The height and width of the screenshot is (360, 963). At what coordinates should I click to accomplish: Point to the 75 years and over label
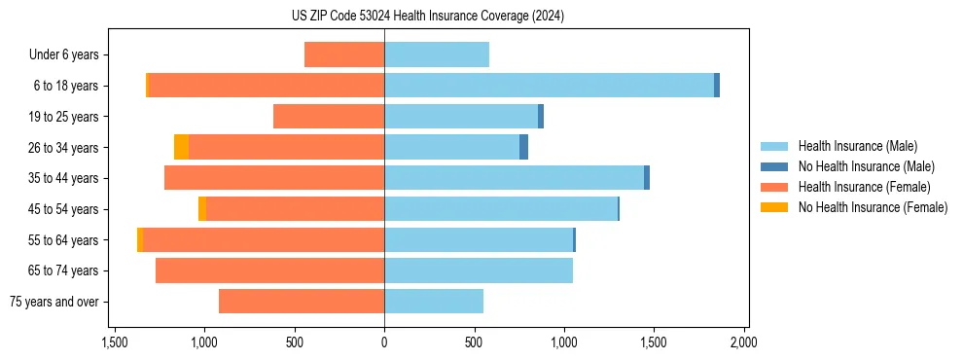click(x=54, y=302)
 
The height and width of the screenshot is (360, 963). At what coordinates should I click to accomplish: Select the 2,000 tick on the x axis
click(x=744, y=342)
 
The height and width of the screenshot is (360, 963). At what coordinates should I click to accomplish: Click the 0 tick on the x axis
click(x=384, y=342)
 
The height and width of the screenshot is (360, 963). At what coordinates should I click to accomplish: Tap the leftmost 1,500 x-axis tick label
click(x=115, y=342)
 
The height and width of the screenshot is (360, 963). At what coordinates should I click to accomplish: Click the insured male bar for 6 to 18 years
click(x=549, y=86)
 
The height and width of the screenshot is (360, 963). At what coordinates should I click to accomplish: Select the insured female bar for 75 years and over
click(x=302, y=302)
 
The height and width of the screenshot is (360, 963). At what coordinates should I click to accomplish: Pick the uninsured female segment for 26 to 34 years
click(x=181, y=147)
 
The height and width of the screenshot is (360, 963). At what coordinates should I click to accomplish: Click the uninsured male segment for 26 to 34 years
click(x=523, y=147)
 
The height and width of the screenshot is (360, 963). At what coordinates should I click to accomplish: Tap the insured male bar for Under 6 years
click(x=437, y=54)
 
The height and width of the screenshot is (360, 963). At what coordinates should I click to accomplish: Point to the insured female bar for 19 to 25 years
click(x=329, y=117)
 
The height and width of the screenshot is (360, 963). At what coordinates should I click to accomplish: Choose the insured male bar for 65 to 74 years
click(x=479, y=270)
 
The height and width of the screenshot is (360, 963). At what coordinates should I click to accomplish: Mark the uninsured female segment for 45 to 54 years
click(x=202, y=209)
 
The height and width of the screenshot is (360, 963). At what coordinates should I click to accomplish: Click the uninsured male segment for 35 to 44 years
click(x=647, y=178)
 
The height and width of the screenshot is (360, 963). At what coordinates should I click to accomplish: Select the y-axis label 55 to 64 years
click(x=64, y=240)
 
